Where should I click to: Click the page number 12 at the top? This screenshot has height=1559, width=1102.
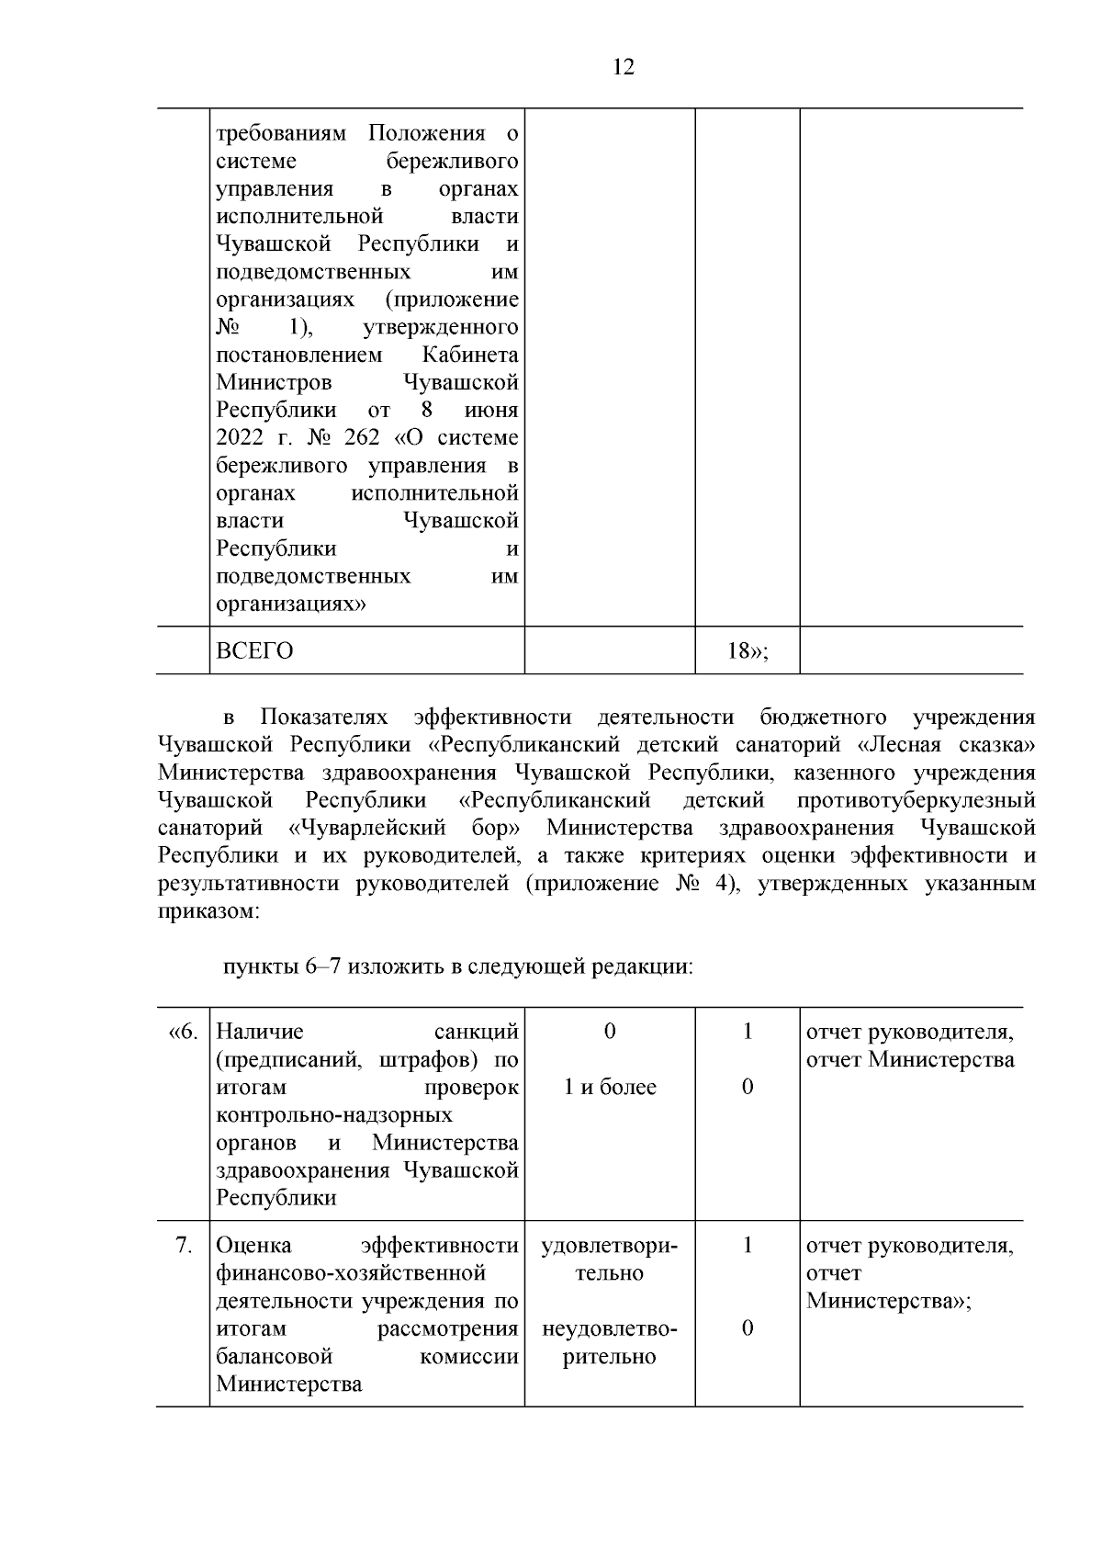pos(623,67)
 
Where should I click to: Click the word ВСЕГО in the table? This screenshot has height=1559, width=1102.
pos(254,651)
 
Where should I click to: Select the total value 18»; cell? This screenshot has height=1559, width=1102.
pos(747,651)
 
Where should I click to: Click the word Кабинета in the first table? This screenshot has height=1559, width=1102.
pos(470,355)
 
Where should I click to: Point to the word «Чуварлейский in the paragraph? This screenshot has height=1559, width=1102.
pos(367,828)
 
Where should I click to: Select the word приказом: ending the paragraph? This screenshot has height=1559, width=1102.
pos(208,911)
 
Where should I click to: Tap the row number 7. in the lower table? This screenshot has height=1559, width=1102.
pos(184,1246)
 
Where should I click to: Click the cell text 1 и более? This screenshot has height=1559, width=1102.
pos(610,1088)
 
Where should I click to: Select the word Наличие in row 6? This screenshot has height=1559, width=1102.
pos(259,1032)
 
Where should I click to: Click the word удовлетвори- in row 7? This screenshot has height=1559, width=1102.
pos(610,1246)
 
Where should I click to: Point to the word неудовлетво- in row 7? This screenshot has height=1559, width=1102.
pos(610,1329)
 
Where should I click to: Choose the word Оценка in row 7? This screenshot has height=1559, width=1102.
pos(253,1246)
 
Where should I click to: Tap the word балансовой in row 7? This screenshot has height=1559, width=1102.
pos(274,1357)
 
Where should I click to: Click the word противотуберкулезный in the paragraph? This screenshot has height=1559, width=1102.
pos(916,800)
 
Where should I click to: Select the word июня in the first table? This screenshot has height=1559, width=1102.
pos(492,411)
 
